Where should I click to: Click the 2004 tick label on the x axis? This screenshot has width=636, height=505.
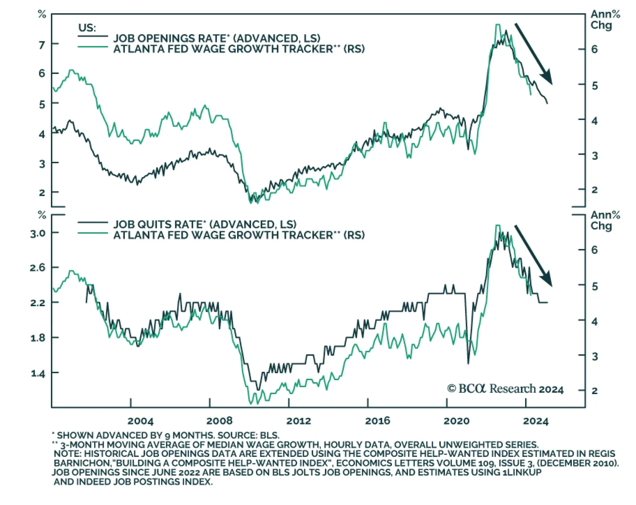point(140,421)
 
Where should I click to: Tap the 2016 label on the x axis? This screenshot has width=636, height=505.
point(378,421)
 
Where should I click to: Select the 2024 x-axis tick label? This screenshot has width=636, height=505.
point(535,421)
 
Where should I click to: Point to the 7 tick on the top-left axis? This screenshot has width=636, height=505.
point(42,44)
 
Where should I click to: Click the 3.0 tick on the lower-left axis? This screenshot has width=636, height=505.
point(38,233)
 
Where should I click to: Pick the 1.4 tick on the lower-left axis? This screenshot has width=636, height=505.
point(39,373)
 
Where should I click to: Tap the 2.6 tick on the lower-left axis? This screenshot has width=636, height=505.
point(38,268)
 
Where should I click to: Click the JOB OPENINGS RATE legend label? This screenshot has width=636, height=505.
point(217,38)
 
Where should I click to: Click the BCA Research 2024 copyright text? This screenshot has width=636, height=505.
point(505,388)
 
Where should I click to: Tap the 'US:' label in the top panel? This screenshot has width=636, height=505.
point(87,28)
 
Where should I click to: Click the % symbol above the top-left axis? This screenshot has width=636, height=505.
point(42,15)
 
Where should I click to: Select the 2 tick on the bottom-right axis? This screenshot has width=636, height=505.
point(594,390)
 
